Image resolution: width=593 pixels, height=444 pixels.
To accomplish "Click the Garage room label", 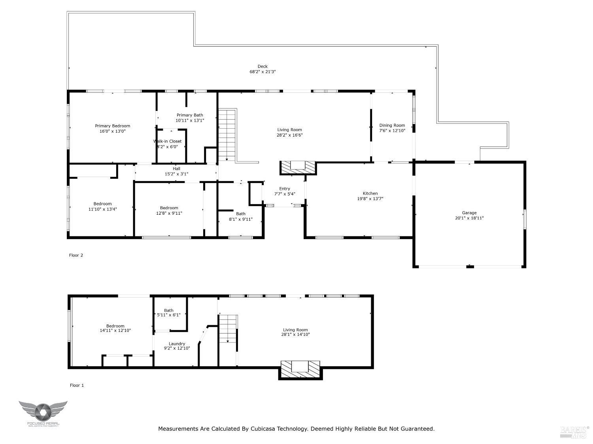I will point(469,213).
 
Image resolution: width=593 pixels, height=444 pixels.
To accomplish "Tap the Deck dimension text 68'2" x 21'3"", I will point(263,72).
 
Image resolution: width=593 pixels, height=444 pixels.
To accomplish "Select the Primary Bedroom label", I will point(112,126).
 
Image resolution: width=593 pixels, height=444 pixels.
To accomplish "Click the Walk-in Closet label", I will point(168,141).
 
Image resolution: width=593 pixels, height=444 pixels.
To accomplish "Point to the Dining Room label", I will point(392,126).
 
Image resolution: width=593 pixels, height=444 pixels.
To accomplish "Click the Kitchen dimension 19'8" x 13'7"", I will point(370,199).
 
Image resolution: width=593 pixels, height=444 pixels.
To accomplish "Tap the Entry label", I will point(284,189).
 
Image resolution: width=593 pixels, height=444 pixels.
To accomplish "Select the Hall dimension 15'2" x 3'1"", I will point(176,174).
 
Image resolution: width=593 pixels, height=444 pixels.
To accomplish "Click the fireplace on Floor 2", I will point(298,167).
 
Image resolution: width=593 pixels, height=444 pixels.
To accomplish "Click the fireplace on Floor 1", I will point(300,369).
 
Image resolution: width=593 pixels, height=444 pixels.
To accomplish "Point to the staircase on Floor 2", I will point(227,134).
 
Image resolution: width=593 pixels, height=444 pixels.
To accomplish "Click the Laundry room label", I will point(177,344).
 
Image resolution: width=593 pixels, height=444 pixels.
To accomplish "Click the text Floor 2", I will point(76,255).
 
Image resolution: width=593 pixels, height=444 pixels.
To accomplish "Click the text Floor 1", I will point(77,385).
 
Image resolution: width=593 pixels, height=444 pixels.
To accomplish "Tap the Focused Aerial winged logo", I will point(43,412).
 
